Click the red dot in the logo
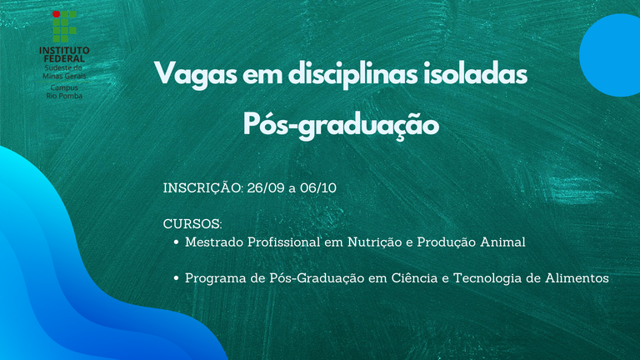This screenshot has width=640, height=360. [57, 14]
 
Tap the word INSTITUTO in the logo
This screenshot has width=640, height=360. [64, 50]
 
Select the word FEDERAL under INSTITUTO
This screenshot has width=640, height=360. [64, 59]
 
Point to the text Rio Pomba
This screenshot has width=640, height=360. [64, 96]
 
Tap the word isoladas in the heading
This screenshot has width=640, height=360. [476, 73]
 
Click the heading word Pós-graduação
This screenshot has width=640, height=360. [341, 124]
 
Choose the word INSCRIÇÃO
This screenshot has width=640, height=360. [203, 187]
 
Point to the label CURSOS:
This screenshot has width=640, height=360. [192, 223]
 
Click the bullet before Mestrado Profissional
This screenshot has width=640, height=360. [177, 242]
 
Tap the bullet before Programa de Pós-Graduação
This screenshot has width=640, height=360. [177, 278]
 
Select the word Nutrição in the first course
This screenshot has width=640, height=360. [375, 242]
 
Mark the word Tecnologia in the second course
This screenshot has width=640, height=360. [487, 278]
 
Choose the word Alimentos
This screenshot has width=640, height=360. [577, 278]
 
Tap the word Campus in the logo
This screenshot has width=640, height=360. [64, 87]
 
